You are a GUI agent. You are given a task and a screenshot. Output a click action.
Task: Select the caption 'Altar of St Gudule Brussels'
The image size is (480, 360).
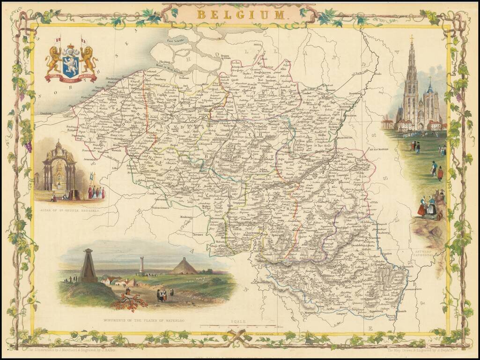[71, 205]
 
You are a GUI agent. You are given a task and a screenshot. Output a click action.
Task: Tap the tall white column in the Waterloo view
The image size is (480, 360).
[141, 265]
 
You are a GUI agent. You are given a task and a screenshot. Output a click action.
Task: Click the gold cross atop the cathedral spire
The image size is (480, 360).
[412, 38]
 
